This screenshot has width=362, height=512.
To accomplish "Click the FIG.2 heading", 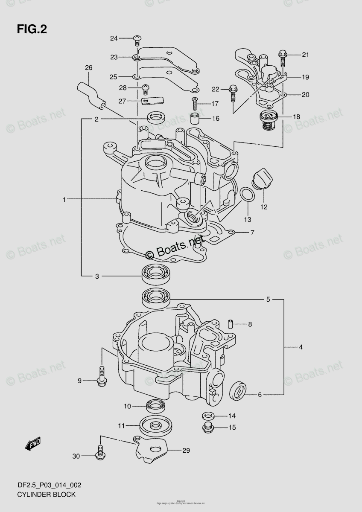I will (32, 29).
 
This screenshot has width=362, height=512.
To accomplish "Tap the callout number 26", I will (88, 67).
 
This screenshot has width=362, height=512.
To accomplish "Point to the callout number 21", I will (305, 54).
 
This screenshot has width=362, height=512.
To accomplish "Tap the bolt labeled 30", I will (101, 454).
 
